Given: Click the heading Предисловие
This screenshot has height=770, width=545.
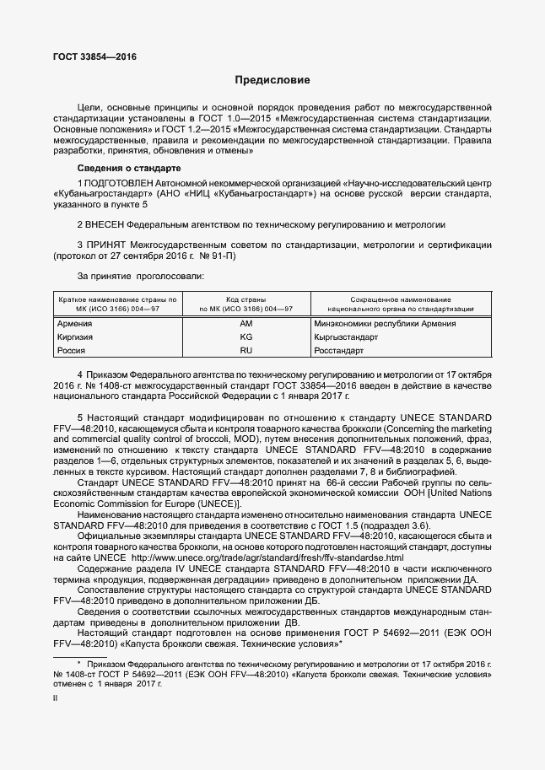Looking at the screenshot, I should [272, 81].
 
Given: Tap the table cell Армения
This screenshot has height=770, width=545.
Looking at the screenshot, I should [74, 324].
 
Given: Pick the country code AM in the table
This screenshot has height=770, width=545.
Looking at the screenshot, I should [246, 324].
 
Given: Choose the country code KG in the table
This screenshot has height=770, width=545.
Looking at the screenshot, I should [246, 337].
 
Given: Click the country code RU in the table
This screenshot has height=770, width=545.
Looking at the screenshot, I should [246, 349].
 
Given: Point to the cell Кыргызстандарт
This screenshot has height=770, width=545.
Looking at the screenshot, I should [346, 337].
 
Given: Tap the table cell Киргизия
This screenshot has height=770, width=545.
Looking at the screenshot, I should [74, 337].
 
